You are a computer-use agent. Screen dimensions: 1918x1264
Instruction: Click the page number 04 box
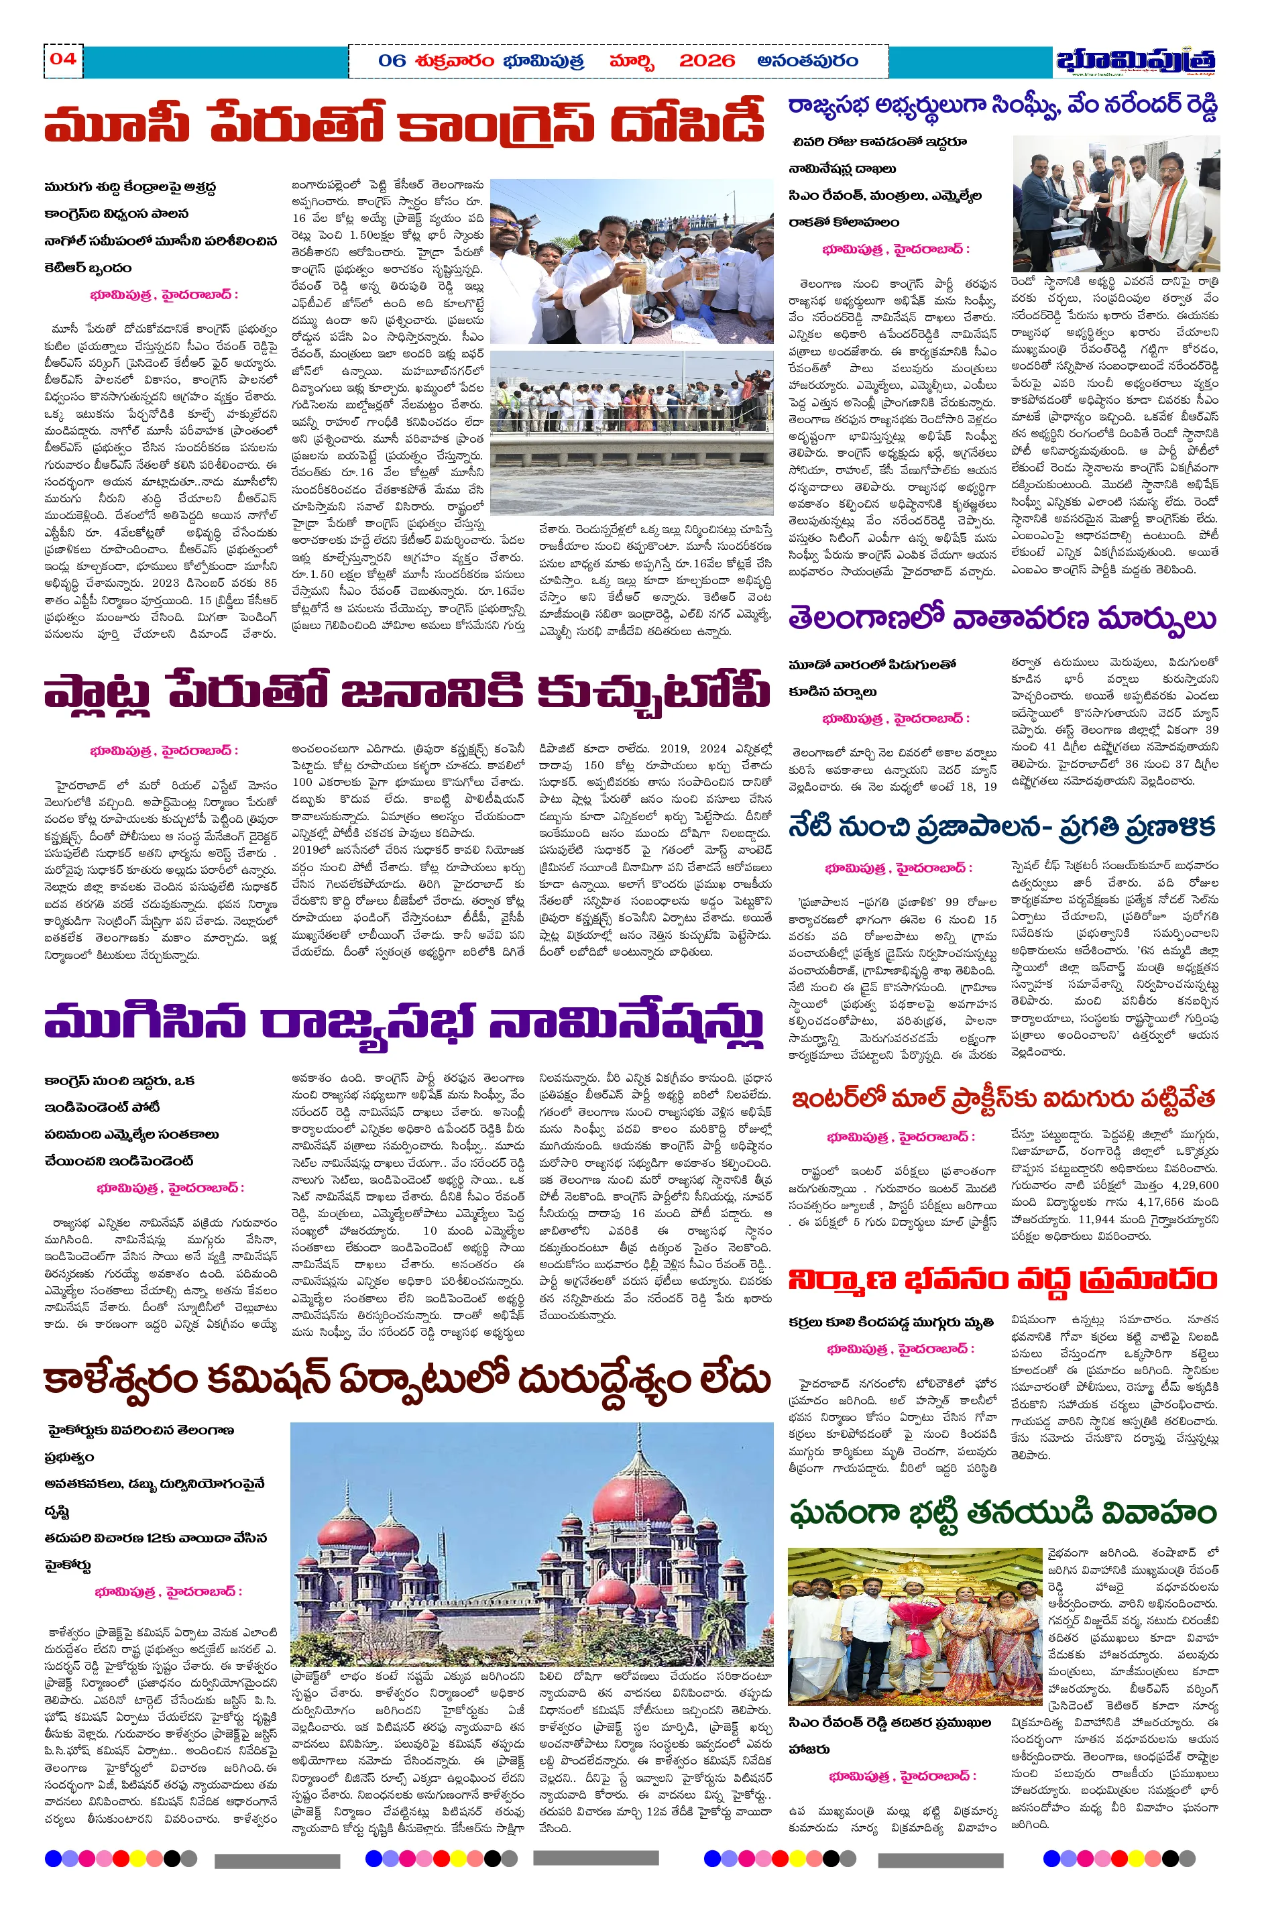(63, 60)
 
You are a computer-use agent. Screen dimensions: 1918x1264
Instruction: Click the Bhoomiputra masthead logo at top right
(1136, 61)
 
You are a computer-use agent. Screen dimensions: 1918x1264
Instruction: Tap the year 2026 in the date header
(707, 61)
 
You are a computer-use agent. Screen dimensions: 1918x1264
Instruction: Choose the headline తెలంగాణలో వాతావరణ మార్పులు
(1002, 619)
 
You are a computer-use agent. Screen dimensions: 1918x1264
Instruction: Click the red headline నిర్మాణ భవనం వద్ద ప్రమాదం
(1002, 1280)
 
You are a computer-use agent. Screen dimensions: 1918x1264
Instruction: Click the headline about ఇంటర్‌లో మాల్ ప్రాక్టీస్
(1002, 1099)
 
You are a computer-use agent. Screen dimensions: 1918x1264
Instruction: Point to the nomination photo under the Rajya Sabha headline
(1116, 203)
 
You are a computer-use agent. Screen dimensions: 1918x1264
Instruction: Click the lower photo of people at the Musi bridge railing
(631, 431)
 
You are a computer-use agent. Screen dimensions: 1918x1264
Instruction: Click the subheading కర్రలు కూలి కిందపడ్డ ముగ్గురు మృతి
(890, 1323)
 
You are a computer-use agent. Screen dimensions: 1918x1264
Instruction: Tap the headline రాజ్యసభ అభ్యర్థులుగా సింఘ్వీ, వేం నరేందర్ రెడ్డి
(1002, 107)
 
